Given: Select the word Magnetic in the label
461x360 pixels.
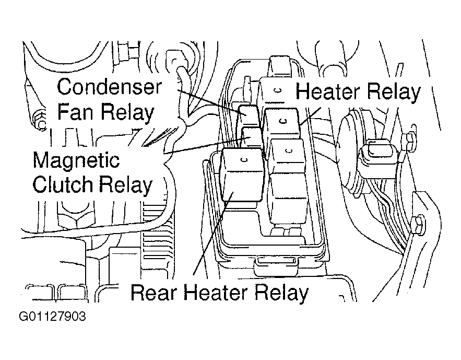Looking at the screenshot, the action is pyautogui.click(x=76, y=160).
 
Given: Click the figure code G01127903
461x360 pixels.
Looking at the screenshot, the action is pyautogui.click(x=52, y=317).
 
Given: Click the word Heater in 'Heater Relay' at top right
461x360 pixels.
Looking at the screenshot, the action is pyautogui.click(x=328, y=91).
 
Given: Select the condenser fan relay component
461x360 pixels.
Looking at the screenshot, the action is pyautogui.click(x=249, y=115).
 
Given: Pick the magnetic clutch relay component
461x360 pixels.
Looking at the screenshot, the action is pyautogui.click(x=252, y=137).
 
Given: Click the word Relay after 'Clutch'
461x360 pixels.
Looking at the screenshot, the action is pyautogui.click(x=125, y=185).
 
